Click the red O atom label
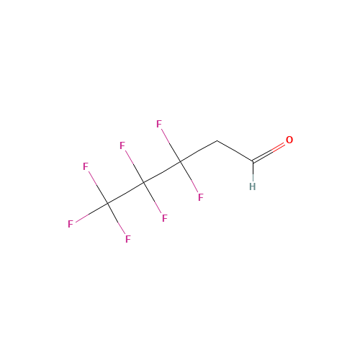(289, 140)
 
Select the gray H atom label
(252, 186)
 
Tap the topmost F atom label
(159, 124)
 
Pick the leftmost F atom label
(71, 224)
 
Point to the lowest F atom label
(128, 239)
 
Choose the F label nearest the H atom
(201, 197)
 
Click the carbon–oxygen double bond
(269, 152)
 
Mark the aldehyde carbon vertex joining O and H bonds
(253, 161)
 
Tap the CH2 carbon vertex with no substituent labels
(217, 140)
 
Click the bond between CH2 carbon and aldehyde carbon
(235, 151)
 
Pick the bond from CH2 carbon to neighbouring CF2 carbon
(199, 151)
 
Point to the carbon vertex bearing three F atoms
(108, 204)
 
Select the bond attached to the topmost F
(171, 145)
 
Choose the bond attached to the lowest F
(117, 218)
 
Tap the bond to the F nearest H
(189, 177)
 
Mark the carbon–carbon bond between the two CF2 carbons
(162, 172)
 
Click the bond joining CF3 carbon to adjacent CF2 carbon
(126, 193)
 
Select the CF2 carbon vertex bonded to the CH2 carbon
(181, 162)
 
